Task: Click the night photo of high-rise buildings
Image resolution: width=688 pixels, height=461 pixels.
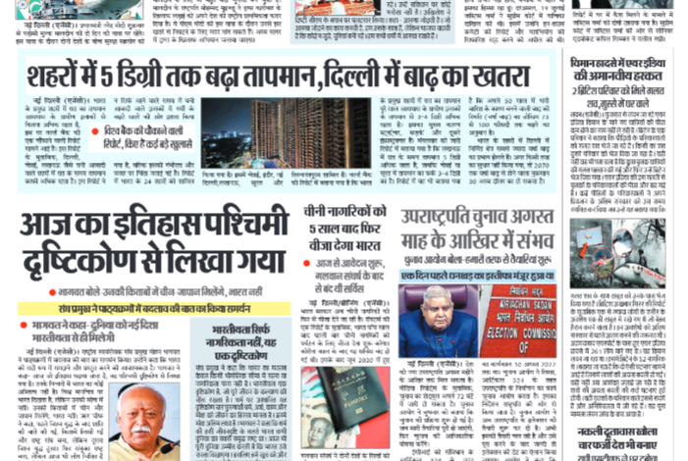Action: (286, 131)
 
